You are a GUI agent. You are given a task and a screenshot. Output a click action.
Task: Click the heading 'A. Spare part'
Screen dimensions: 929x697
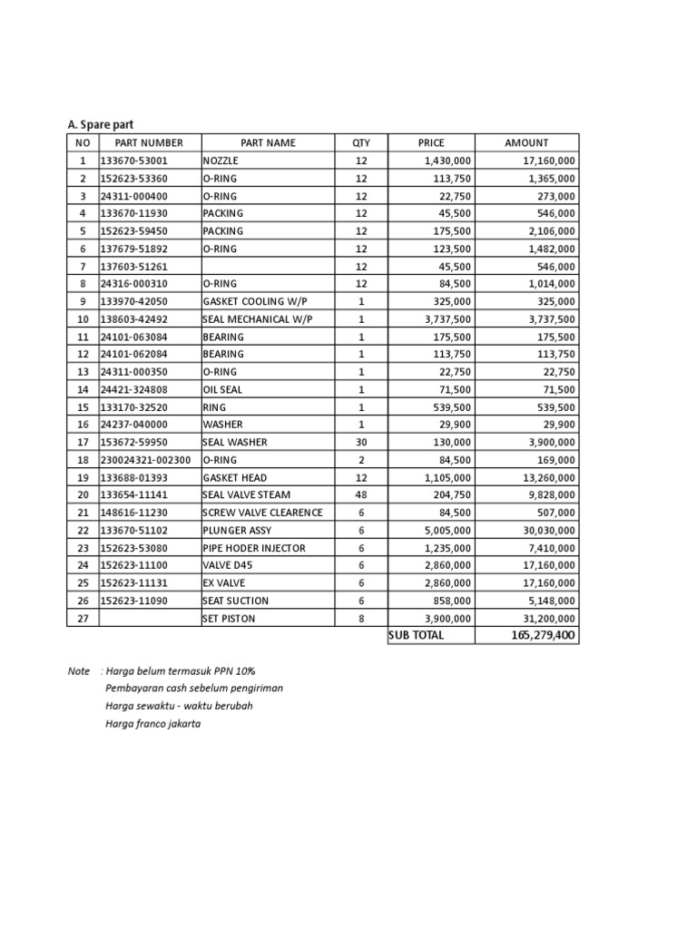click(x=101, y=124)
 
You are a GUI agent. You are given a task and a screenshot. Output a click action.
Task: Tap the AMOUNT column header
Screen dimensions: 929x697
click(x=526, y=142)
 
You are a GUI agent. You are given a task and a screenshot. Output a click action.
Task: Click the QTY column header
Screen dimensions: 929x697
click(x=361, y=142)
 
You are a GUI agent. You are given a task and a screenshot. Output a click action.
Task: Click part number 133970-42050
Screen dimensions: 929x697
click(x=133, y=301)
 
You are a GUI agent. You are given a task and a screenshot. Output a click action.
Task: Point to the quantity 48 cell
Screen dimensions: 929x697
click(x=361, y=494)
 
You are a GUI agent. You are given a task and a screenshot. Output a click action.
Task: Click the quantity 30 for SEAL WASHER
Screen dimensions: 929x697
click(x=361, y=442)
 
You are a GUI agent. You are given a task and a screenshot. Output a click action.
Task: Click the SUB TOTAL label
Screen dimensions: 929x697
click(x=417, y=635)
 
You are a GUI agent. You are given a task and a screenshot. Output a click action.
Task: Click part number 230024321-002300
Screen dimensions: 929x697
click(x=145, y=459)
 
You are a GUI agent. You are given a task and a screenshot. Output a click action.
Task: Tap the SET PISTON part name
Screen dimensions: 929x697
click(x=229, y=618)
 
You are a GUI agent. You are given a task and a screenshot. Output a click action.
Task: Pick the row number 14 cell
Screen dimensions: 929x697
click(x=83, y=389)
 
